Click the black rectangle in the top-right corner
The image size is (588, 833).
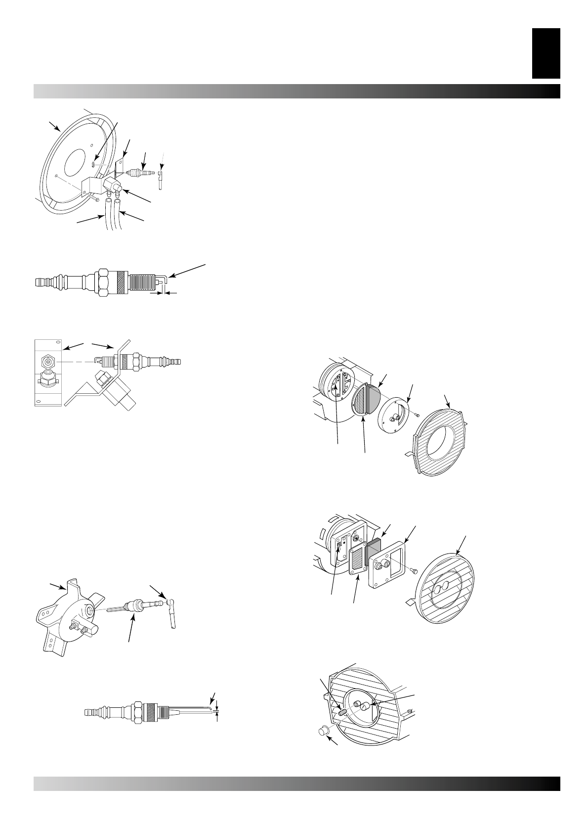coord(546,53)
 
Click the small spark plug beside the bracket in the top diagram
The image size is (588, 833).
coord(141,174)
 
